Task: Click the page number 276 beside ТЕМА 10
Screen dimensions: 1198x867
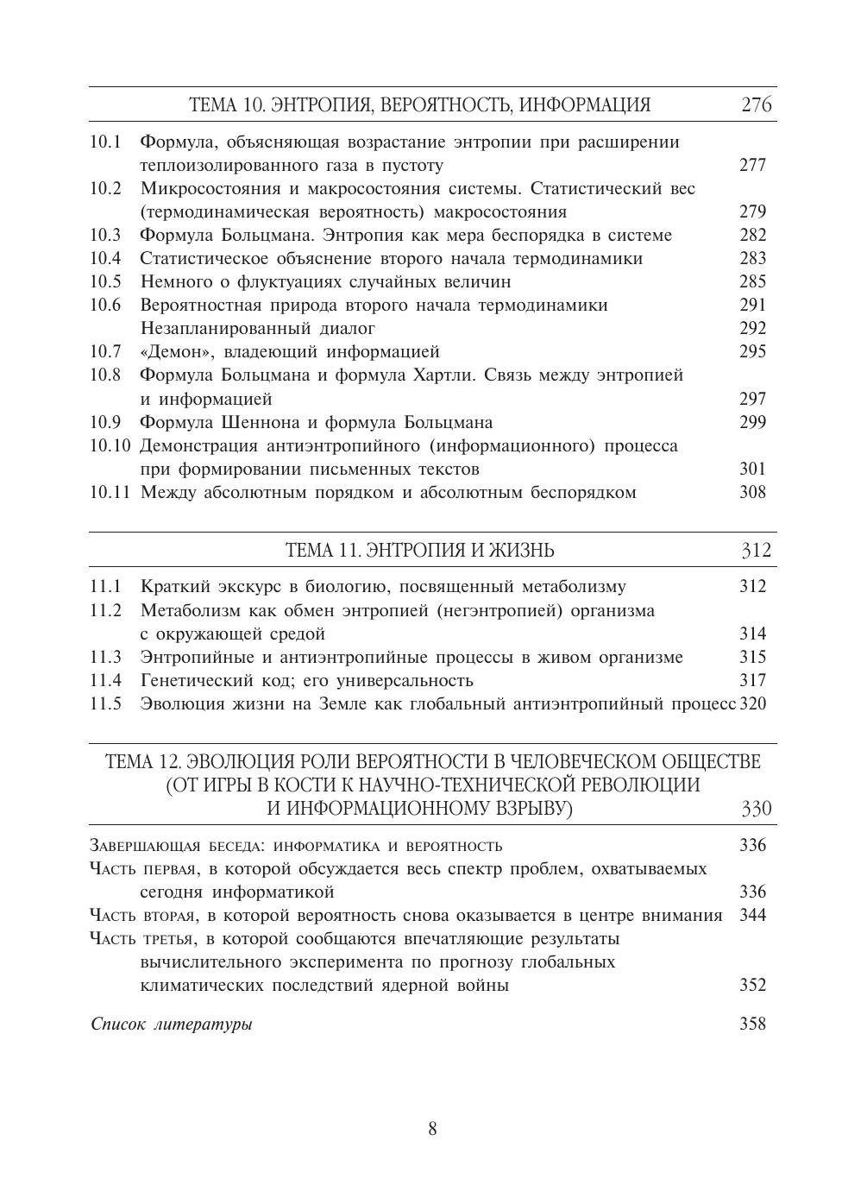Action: (x=756, y=105)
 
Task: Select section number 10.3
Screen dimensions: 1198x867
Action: (x=105, y=236)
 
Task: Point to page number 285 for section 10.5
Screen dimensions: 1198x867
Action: (x=752, y=282)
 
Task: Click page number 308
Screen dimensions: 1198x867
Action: (x=752, y=493)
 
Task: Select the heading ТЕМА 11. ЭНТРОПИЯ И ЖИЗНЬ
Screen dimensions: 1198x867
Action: (x=419, y=551)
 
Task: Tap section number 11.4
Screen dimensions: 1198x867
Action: (x=105, y=680)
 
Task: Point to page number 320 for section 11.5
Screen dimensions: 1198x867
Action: (x=753, y=703)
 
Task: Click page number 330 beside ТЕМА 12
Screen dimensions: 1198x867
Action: (x=756, y=809)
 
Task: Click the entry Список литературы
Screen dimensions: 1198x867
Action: (x=172, y=1025)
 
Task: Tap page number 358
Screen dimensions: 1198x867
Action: (x=752, y=1025)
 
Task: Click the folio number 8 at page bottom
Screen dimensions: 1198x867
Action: (x=432, y=1129)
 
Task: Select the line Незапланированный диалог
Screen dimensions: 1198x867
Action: (x=257, y=329)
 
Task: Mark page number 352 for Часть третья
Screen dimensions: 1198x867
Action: (x=752, y=986)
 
